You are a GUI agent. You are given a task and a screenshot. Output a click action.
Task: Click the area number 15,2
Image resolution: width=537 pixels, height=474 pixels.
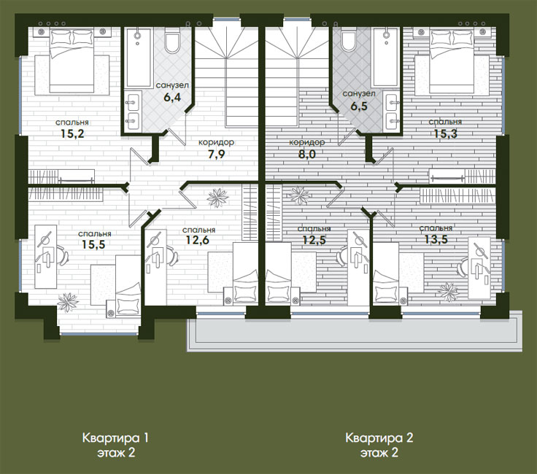[x=72, y=133]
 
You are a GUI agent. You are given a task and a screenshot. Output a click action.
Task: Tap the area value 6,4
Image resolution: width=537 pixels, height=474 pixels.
[x=172, y=97]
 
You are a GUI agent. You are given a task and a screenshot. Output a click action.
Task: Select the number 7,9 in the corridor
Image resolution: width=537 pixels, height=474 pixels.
[x=216, y=155]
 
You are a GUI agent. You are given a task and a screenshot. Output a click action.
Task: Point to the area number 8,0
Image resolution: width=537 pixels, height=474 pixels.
[x=307, y=154]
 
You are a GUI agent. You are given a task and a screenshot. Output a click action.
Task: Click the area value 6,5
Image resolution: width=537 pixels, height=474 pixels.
[x=358, y=106]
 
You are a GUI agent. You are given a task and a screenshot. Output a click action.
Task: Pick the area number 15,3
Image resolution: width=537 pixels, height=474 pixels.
[x=445, y=133]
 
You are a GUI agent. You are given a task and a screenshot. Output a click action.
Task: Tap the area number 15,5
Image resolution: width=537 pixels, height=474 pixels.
[x=93, y=244]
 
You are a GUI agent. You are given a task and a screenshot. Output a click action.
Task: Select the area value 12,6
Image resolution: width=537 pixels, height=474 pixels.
[x=197, y=240]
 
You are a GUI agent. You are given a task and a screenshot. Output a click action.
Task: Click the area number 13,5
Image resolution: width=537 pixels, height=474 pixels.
[x=436, y=239]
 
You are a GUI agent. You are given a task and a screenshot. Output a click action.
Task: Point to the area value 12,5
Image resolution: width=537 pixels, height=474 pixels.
[x=314, y=240]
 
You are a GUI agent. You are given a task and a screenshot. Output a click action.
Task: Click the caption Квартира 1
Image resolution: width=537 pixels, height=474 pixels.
[x=115, y=438]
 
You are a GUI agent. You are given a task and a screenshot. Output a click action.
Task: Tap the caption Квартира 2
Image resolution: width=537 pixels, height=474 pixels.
[x=379, y=438]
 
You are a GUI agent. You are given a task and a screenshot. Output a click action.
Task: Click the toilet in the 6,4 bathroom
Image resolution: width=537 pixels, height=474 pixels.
[x=172, y=40]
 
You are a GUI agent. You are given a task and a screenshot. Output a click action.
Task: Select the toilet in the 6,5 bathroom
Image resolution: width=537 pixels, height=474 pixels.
[x=349, y=40]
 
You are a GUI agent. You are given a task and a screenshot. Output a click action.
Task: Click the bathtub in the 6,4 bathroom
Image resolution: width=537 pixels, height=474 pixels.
[x=139, y=58]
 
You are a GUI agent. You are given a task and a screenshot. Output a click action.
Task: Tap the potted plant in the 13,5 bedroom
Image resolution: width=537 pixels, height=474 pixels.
[x=448, y=292]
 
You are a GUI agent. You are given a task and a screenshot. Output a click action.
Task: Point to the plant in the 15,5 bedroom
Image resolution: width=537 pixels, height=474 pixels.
[x=68, y=302]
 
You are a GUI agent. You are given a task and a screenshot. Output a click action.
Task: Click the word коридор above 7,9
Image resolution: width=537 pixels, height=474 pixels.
[x=216, y=141]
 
